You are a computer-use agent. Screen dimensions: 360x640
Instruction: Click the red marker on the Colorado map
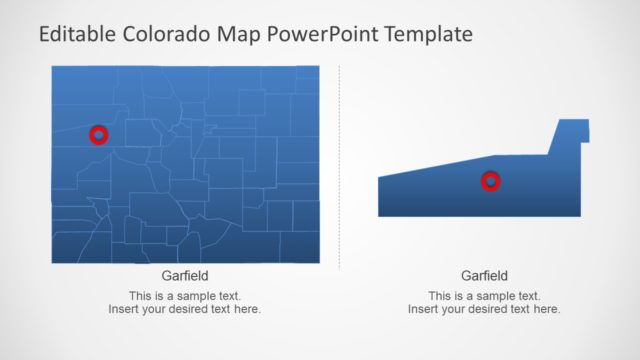98,134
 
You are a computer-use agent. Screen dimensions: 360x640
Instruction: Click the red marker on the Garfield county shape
490,181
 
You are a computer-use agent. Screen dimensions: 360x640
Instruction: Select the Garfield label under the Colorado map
185,276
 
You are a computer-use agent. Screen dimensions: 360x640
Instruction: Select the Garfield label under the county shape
484,276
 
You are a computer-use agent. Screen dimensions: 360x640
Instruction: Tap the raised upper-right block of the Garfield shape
569,135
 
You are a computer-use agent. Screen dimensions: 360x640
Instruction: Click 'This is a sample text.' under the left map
185,296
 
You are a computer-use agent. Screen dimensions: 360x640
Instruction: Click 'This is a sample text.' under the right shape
484,296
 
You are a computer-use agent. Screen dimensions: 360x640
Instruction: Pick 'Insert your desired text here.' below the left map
185,310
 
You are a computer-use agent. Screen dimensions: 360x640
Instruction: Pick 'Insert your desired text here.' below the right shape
484,310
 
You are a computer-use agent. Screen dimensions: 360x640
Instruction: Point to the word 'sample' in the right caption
492,296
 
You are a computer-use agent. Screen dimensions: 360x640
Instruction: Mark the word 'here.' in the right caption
546,310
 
